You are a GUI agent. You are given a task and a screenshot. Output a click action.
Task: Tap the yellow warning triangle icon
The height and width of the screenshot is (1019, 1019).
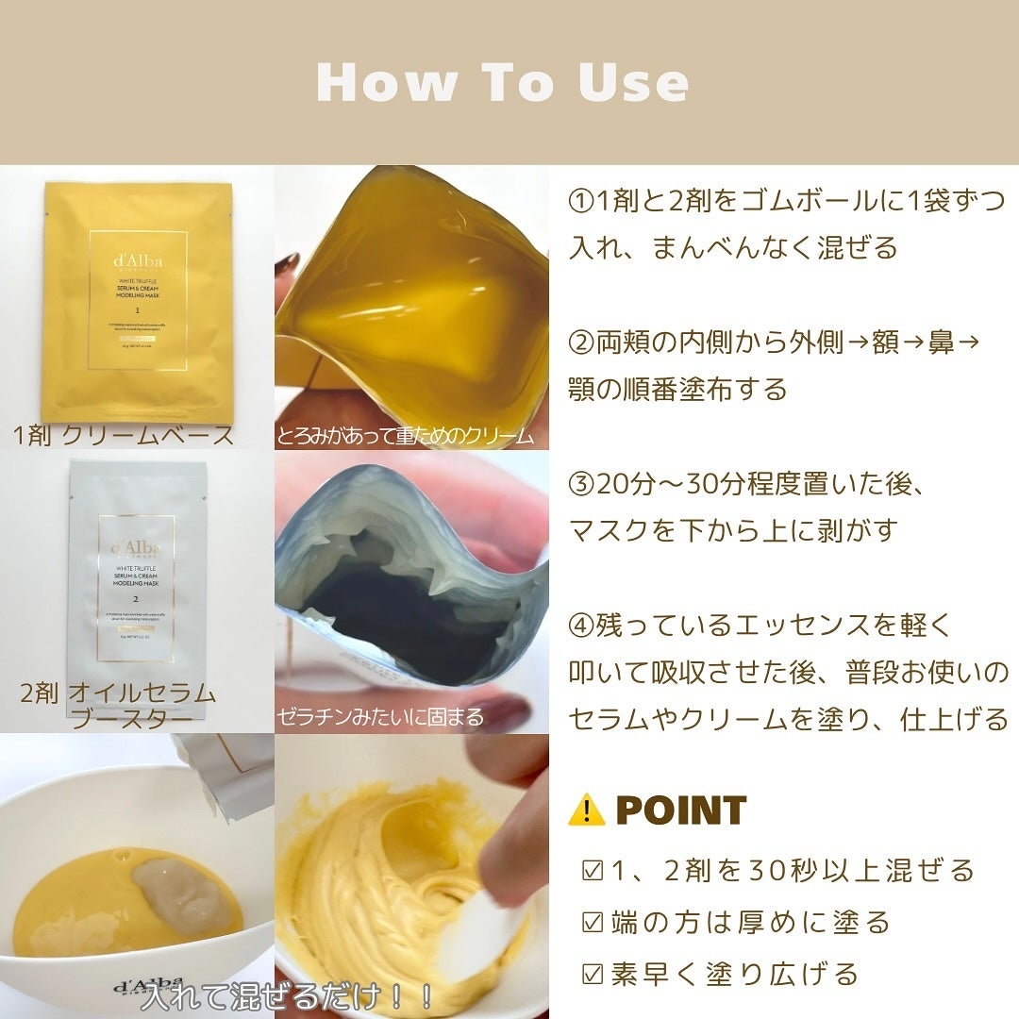click(x=586, y=810)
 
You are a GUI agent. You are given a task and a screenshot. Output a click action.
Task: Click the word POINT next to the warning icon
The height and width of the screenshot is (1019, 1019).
click(x=680, y=810)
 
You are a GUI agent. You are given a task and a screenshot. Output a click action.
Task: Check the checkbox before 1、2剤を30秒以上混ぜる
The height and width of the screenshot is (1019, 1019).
click(x=593, y=870)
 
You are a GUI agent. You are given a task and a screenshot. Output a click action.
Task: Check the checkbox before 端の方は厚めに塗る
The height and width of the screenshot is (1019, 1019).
click(x=593, y=922)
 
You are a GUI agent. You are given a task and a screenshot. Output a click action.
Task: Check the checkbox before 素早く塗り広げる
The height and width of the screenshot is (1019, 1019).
click(x=593, y=973)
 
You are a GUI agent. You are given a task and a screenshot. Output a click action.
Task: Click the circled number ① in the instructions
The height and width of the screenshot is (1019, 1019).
click(x=581, y=201)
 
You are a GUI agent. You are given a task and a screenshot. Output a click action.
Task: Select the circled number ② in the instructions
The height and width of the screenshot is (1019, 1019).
click(x=581, y=342)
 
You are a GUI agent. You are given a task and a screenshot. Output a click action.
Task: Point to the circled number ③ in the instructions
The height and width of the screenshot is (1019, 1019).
click(x=581, y=484)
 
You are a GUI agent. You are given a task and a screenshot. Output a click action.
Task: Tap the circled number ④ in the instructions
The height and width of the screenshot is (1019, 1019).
click(x=581, y=625)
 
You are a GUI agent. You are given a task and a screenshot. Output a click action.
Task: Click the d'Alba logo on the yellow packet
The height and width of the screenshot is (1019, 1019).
click(x=137, y=259)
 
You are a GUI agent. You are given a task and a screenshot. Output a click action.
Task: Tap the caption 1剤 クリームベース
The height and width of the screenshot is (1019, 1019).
click(x=124, y=435)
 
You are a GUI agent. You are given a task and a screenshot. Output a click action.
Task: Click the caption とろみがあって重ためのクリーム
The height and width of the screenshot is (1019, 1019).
click(x=406, y=436)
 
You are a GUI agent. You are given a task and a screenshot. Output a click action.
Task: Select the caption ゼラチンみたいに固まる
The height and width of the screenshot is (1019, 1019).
click(x=380, y=717)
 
